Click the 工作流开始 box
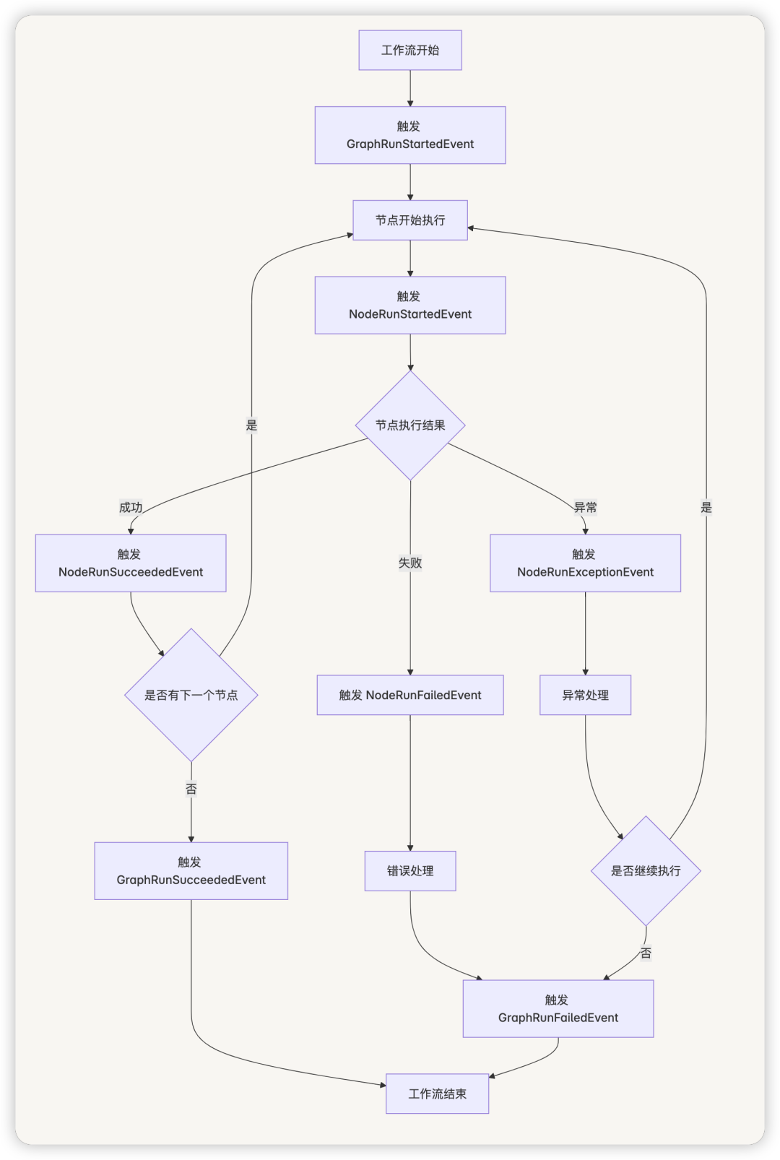point(410,51)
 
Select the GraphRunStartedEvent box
point(410,135)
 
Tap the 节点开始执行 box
point(410,220)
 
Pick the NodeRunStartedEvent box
point(410,305)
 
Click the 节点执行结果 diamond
point(410,425)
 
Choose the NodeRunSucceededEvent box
point(131,563)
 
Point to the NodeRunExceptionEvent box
point(585,563)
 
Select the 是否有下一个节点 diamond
point(191,695)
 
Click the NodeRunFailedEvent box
point(410,695)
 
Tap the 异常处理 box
point(585,695)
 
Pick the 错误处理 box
point(410,871)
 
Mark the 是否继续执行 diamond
point(646,871)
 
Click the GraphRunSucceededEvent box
point(191,871)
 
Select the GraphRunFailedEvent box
point(558,1009)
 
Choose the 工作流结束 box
point(437,1094)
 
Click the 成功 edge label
point(131,508)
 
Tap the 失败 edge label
point(410,563)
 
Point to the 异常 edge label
point(585,508)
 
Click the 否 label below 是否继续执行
point(646,953)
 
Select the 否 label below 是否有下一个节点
point(191,789)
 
